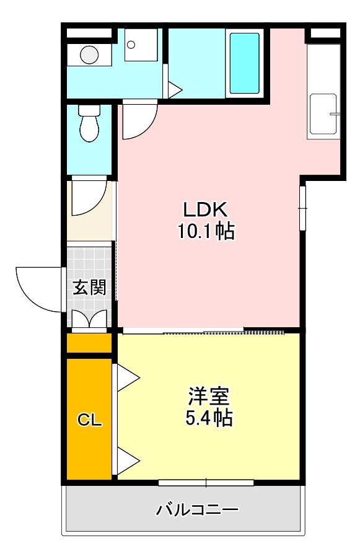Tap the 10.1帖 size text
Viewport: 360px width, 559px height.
[206, 232]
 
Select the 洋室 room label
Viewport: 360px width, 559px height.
[209, 396]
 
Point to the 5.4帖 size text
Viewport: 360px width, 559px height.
[209, 419]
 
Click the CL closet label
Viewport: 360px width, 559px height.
[89, 420]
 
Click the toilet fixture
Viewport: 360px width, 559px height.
[89, 123]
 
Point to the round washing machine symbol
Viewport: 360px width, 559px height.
[89, 55]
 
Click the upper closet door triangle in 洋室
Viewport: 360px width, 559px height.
[128, 378]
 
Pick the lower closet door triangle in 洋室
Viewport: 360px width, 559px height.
[128, 461]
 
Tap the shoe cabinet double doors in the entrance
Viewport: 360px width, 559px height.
[90, 319]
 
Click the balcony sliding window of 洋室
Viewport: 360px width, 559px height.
[206, 482]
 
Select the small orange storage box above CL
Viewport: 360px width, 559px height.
[89, 343]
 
